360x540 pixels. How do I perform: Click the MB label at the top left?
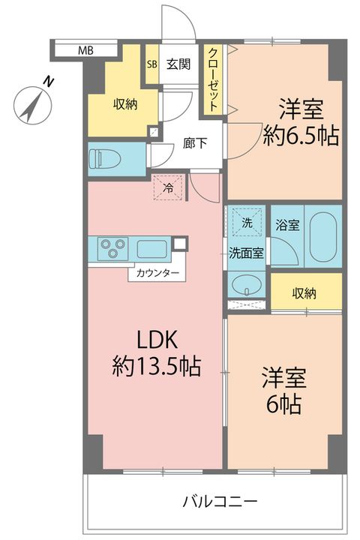[x=85, y=51]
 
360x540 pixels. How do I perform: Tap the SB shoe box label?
[x=152, y=64]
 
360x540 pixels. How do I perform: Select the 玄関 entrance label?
[x=178, y=64]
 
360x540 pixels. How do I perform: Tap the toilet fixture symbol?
[x=102, y=159]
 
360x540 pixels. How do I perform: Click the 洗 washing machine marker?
[x=247, y=222]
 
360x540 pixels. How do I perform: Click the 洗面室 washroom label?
[x=247, y=253]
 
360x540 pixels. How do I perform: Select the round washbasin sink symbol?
[x=246, y=284]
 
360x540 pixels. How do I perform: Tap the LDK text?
[x=154, y=339]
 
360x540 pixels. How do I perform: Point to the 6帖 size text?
[x=283, y=404]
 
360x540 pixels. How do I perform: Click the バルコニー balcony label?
[x=220, y=500]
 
